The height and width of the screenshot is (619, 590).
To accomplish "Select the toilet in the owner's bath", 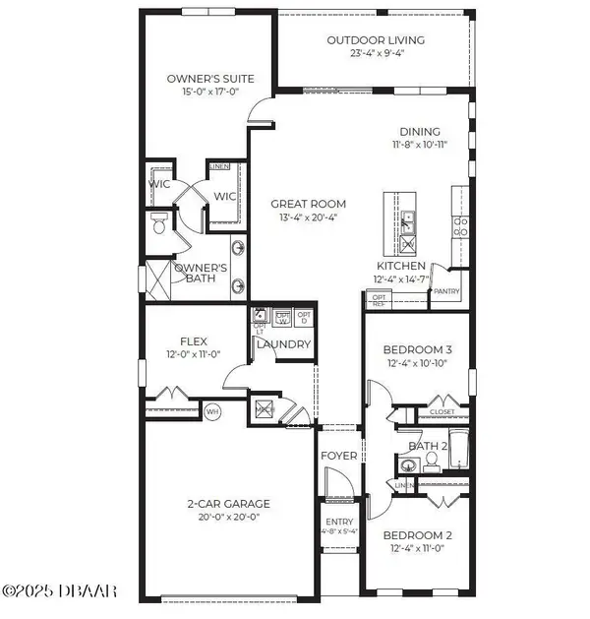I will coord(159,225).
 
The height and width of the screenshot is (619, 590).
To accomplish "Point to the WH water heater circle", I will coord(212,409).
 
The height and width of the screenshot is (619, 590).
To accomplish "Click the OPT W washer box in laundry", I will coord(283,318).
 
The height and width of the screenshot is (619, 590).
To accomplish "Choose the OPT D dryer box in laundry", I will coord(305,318).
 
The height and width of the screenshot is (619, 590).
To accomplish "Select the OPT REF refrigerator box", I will coord(379,298).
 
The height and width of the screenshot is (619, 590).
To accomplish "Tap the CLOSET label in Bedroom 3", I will coord(442,411).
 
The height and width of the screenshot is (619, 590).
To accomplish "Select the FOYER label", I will coord(339,456).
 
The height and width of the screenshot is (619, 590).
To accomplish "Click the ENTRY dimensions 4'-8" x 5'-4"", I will coord(339,531).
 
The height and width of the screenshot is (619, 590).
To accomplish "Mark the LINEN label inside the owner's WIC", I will coord(219,166).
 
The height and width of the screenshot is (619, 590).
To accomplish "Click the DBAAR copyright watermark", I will coord(59,590).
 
